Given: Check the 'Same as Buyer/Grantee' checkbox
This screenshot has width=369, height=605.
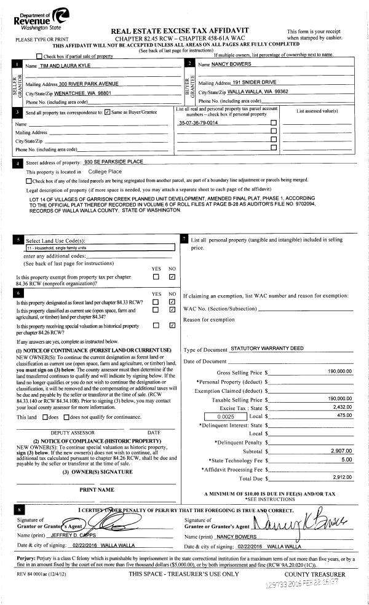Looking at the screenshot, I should tap(108, 113).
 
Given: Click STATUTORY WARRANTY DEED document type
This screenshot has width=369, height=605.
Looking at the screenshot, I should tap(267, 349).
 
